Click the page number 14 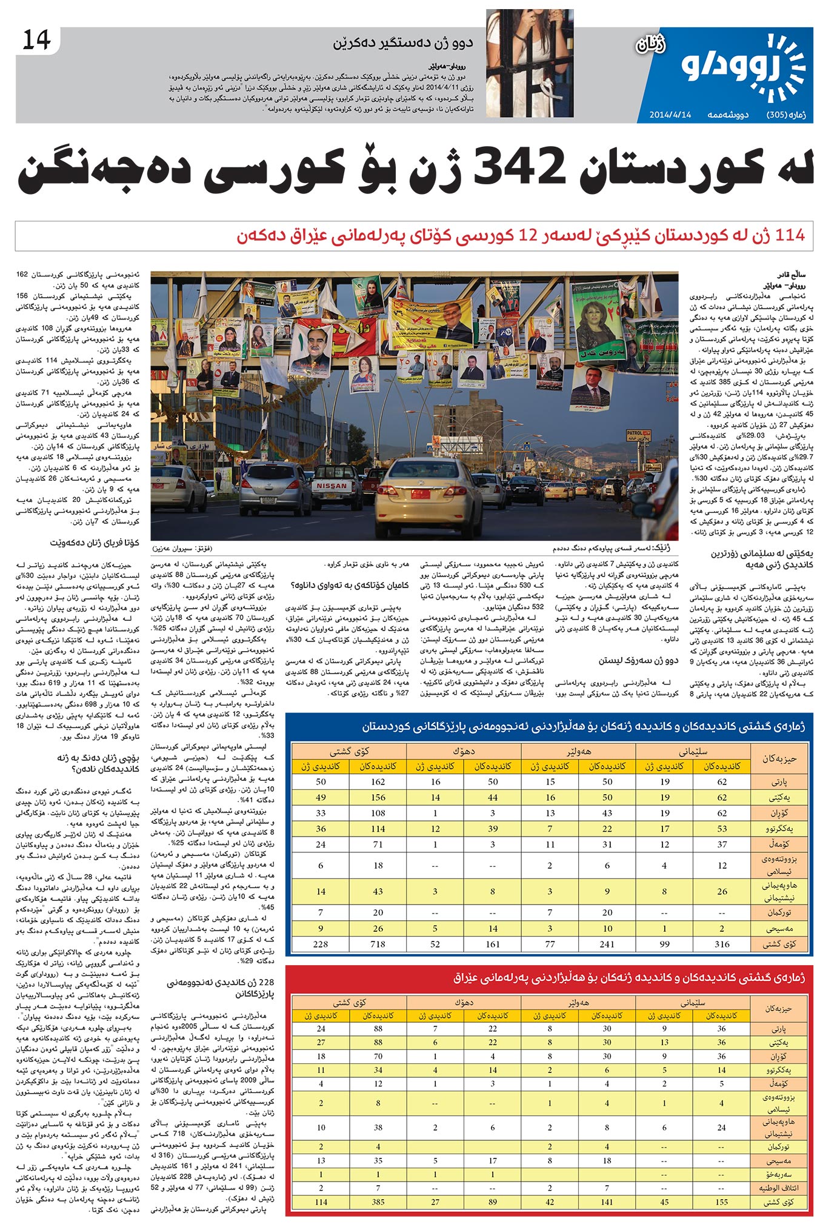coord(36,41)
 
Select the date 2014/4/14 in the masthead coord(670,115)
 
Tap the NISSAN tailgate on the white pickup coord(332,486)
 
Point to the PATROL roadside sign coord(635,434)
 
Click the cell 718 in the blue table coord(378,944)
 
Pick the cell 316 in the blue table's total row coord(722,944)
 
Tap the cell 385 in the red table coord(378,1202)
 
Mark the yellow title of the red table coord(628,978)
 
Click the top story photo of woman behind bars coord(529,63)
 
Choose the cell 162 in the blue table coord(378,781)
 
